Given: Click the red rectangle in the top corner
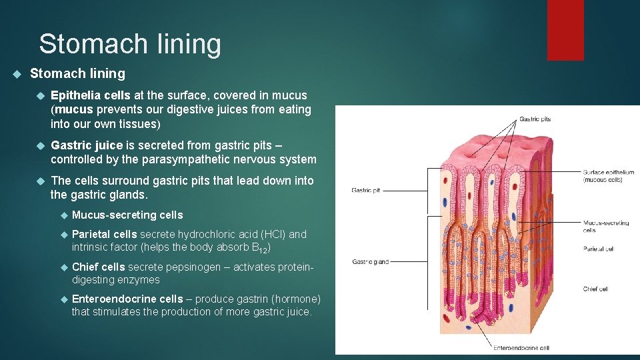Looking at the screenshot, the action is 565,30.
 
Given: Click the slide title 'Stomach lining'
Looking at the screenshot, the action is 130,44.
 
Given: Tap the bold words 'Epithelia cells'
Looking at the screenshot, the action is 91,95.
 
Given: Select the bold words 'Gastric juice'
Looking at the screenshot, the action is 87,145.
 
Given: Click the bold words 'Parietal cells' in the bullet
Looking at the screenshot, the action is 104,234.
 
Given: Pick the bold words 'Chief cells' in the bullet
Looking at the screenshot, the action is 98,267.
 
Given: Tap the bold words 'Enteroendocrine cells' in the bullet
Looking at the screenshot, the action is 127,299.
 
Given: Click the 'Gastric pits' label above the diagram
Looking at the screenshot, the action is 535,119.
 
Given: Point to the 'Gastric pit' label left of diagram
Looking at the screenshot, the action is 365,191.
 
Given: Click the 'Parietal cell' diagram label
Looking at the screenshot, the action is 598,249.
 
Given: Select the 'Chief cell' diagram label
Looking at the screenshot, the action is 595,289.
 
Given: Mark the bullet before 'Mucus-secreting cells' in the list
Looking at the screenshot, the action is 64,215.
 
